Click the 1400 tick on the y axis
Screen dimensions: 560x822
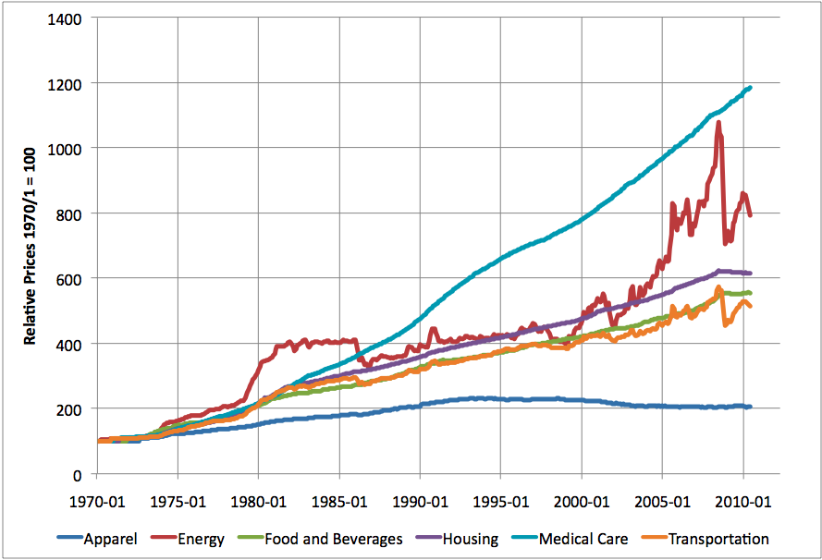point(67,18)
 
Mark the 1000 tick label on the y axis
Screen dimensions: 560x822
point(67,149)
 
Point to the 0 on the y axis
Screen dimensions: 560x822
point(78,475)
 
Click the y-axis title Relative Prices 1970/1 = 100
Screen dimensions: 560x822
point(31,247)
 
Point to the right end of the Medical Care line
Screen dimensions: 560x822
point(750,88)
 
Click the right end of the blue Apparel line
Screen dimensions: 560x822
point(749,407)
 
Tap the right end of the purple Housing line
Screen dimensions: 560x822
point(750,274)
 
